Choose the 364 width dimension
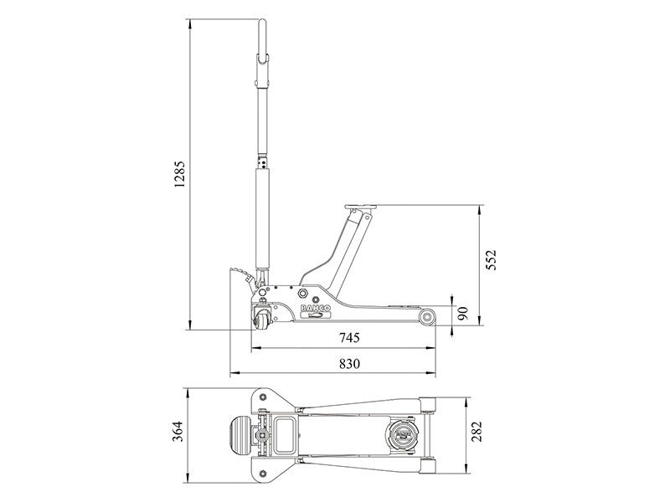tap(177, 433)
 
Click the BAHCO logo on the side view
tap(316, 310)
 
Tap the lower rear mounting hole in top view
tap(265, 472)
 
